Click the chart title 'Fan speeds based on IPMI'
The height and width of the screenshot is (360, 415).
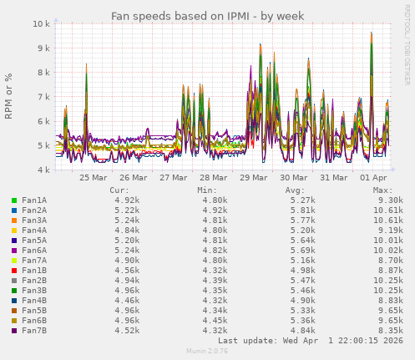(208, 16)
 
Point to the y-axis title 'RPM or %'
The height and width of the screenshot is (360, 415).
(9, 97)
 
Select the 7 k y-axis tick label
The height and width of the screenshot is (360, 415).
(43, 97)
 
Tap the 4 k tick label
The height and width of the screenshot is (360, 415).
(43, 170)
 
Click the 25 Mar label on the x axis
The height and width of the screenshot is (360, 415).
(93, 177)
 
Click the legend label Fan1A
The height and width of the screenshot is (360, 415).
(33, 200)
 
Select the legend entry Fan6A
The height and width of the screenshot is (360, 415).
(33, 251)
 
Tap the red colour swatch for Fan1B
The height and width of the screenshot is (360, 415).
(14, 271)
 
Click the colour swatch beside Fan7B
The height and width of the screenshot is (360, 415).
(14, 331)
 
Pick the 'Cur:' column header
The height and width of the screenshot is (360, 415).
(119, 190)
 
